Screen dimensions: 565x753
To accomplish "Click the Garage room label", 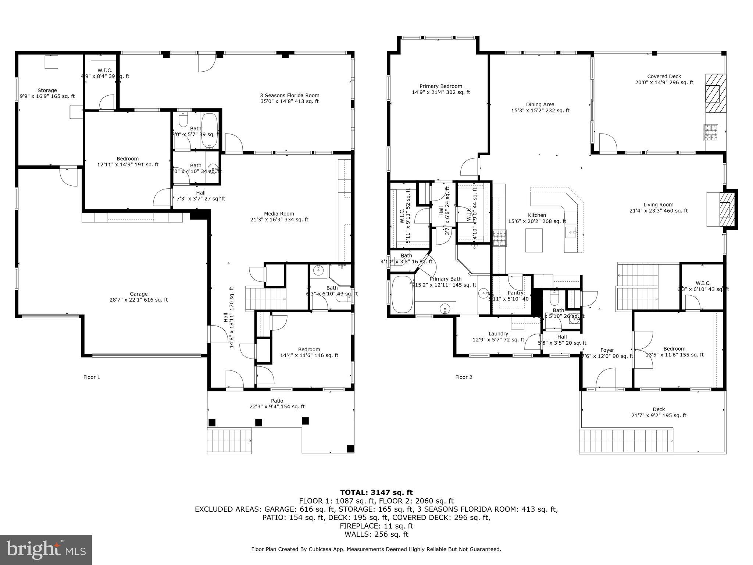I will coord(139,297).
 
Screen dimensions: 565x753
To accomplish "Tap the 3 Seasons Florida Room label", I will coord(289,98).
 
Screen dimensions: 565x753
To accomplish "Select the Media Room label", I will coord(279,217).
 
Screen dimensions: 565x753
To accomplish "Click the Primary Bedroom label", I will coord(441,89).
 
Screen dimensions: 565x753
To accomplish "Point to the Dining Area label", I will coord(540,107).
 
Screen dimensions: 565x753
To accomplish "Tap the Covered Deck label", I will coord(664,79).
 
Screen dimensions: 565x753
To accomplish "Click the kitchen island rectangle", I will coord(534,240).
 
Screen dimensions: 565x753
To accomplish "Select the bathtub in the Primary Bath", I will coord(402,295).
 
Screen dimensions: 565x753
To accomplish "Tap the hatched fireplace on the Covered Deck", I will coord(715,93).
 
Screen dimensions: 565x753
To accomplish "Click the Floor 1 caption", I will coord(92,377).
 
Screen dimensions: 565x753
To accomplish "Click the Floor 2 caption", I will coord(464,377).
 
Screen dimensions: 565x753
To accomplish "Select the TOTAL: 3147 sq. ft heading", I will coord(376,493).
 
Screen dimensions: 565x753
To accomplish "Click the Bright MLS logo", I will coord(46,550).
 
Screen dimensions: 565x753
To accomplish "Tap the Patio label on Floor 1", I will coord(277,404).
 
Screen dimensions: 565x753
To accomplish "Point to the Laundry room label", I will coord(498,337).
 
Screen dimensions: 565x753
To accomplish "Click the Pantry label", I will coord(515,293).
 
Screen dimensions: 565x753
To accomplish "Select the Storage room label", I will coord(47,93).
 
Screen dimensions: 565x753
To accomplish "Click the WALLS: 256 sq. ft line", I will coord(376,534).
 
